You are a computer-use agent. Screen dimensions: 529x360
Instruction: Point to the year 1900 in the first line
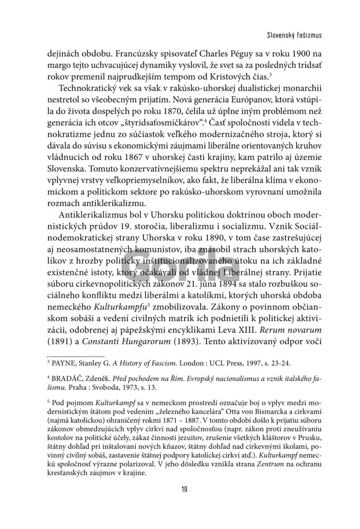coord(293,52)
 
